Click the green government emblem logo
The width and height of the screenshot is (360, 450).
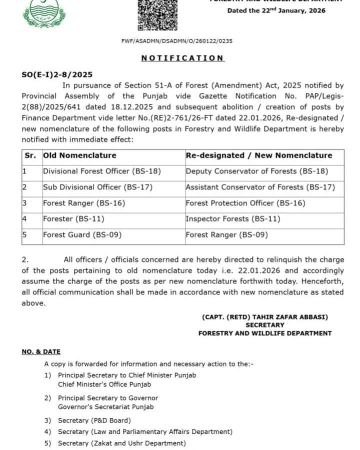click(x=44, y=13)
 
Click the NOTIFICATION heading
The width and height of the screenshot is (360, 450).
click(x=182, y=58)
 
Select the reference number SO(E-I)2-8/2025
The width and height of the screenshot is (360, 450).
click(x=57, y=74)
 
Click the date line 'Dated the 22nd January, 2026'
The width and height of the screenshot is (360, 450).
click(x=276, y=10)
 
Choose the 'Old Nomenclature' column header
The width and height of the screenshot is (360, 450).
click(x=79, y=155)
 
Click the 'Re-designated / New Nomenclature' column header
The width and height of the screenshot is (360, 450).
click(x=258, y=155)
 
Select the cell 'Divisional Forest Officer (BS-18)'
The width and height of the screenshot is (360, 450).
click(x=102, y=171)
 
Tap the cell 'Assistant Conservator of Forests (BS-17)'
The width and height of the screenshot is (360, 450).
click(x=260, y=187)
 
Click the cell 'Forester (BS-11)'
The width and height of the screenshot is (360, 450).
click(x=73, y=218)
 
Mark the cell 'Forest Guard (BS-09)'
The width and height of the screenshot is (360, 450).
click(x=82, y=234)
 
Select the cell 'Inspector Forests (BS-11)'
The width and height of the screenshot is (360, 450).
click(x=233, y=218)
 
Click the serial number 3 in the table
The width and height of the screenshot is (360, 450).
click(x=24, y=203)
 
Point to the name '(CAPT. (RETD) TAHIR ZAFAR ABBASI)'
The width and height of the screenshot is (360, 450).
click(x=264, y=317)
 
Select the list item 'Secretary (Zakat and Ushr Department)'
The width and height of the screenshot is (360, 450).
click(x=121, y=443)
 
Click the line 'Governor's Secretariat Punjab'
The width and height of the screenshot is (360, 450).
click(x=105, y=406)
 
